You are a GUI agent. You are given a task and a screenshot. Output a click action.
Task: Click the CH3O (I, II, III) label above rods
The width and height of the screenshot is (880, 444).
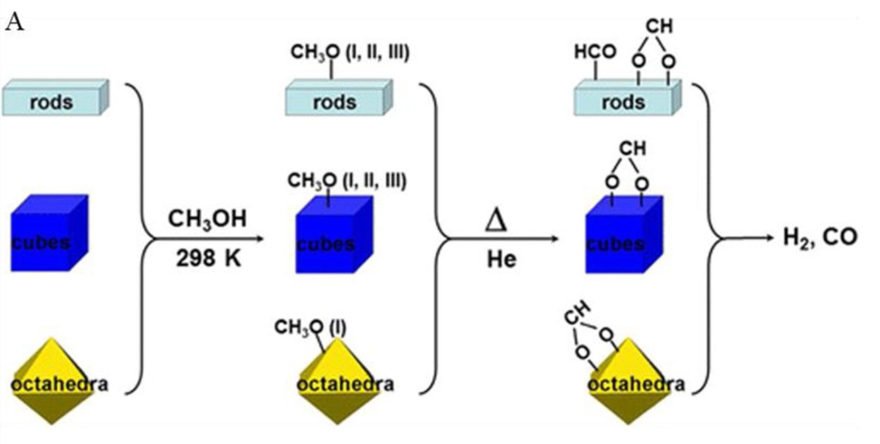coord(350,54)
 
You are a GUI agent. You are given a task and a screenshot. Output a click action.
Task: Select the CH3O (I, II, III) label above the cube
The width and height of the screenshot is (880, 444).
coord(350,179)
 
